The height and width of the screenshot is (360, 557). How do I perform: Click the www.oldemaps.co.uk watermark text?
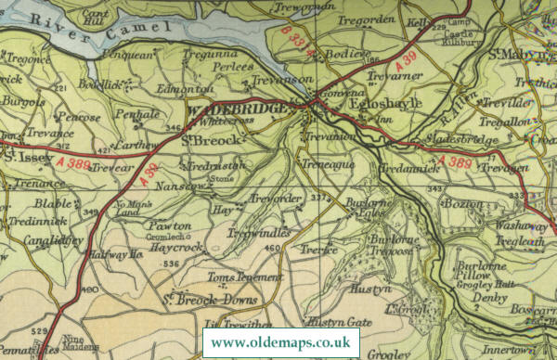[281, 341]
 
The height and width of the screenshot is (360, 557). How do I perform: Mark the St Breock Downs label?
[209, 299]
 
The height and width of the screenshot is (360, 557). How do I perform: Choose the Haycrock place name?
[176, 248]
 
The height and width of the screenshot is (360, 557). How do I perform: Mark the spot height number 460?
[271, 248]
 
